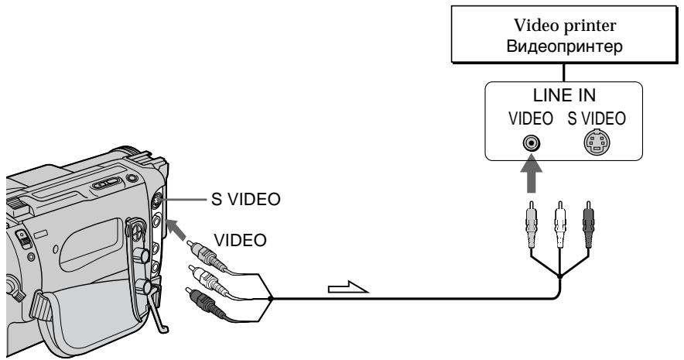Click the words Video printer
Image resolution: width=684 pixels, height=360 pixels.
565,26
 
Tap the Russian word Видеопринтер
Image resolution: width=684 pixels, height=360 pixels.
565,46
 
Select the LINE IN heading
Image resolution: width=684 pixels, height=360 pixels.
564,95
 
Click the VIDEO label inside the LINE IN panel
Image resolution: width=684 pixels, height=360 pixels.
531,118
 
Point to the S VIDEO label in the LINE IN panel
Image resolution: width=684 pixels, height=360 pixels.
597,118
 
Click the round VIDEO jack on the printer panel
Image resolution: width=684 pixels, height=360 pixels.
531,142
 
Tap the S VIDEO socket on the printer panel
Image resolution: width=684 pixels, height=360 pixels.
597,142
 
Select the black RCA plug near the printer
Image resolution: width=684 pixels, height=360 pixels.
588,225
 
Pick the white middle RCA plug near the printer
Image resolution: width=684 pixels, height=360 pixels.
559,225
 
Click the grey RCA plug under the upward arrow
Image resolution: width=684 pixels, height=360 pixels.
531,225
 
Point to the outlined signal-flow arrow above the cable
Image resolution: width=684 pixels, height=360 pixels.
348,287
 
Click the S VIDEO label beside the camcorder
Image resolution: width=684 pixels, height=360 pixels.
245,200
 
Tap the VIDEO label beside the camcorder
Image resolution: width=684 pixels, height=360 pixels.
240,241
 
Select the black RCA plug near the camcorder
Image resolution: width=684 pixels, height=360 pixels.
205,302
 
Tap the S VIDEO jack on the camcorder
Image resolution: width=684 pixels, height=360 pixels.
156,201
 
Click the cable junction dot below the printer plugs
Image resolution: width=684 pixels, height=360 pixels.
559,276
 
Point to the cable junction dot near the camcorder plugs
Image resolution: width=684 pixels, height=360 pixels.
270,299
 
